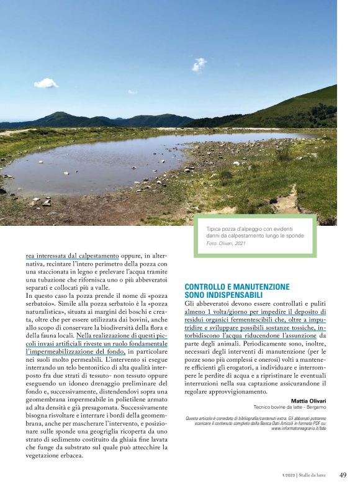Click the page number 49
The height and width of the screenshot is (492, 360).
[343, 475]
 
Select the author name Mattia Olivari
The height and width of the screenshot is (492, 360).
[308, 401]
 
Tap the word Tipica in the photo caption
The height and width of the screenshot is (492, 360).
[214, 228]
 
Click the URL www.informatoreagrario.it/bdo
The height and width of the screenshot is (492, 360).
[299, 428]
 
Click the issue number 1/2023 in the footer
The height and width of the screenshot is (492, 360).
[288, 475]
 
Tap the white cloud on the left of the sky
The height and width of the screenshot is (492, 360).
[47, 83]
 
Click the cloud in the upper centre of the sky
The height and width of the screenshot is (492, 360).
[199, 64]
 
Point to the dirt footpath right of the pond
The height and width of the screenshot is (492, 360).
[285, 200]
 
